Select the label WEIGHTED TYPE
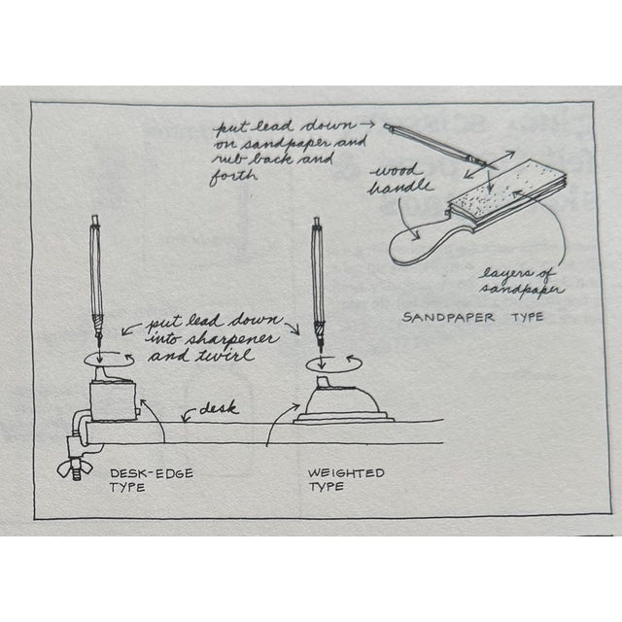[345, 479]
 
